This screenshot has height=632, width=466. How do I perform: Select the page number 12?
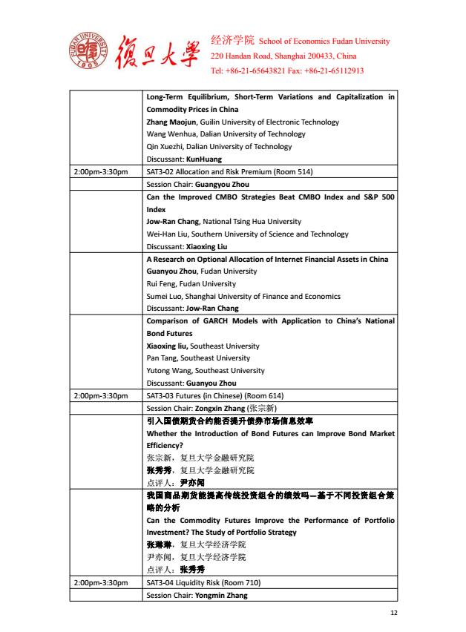point(394,613)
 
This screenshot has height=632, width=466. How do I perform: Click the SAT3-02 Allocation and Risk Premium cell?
point(229,172)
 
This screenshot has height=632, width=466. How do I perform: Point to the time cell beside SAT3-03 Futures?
point(102,395)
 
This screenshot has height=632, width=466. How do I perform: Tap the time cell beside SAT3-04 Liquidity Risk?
point(102,582)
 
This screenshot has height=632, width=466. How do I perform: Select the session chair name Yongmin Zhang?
point(221,595)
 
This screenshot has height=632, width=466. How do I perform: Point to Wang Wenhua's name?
point(172,134)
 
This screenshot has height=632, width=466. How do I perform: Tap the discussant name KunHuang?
point(203,159)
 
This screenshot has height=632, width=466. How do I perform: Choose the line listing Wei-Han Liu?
point(247,234)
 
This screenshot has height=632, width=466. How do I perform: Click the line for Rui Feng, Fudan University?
point(191,284)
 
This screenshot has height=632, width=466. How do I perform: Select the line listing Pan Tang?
point(198,358)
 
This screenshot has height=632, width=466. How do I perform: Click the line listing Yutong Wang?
point(206,371)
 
